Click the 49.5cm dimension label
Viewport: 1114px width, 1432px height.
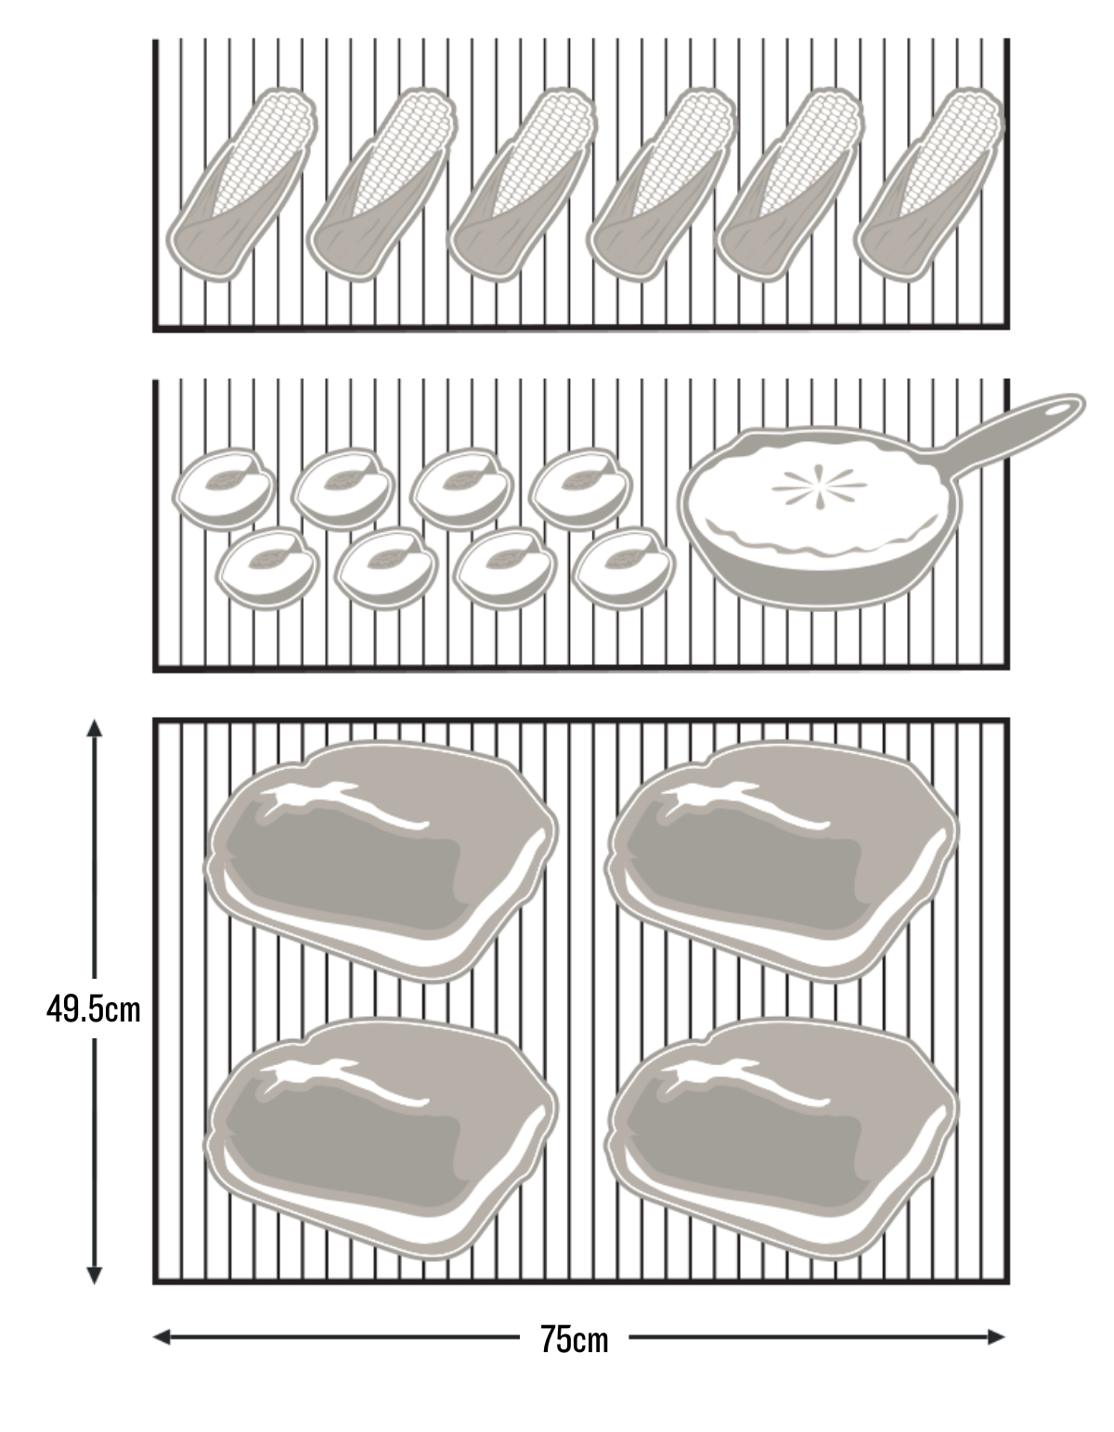(94, 1009)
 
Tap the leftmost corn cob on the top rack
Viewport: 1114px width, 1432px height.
(241, 185)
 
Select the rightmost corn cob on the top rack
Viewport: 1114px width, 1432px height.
(929, 185)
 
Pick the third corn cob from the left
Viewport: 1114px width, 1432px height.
(524, 185)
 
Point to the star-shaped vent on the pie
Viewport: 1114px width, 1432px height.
(819, 487)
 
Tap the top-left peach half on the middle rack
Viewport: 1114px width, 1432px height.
(224, 489)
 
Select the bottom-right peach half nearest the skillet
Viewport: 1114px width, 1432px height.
(623, 568)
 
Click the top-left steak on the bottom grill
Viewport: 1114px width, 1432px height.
(381, 862)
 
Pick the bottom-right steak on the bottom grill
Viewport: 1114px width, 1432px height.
(782, 1139)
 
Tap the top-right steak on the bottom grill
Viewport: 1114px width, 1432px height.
(782, 862)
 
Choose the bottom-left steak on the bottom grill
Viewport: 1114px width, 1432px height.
(381, 1139)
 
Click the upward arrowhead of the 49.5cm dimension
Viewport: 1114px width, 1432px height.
(94, 727)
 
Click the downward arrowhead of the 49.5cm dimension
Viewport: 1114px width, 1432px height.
(94, 1276)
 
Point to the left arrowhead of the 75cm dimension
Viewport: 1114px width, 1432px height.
(162, 1337)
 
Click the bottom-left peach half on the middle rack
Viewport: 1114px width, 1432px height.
(267, 568)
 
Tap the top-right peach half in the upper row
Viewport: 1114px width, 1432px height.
(580, 489)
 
